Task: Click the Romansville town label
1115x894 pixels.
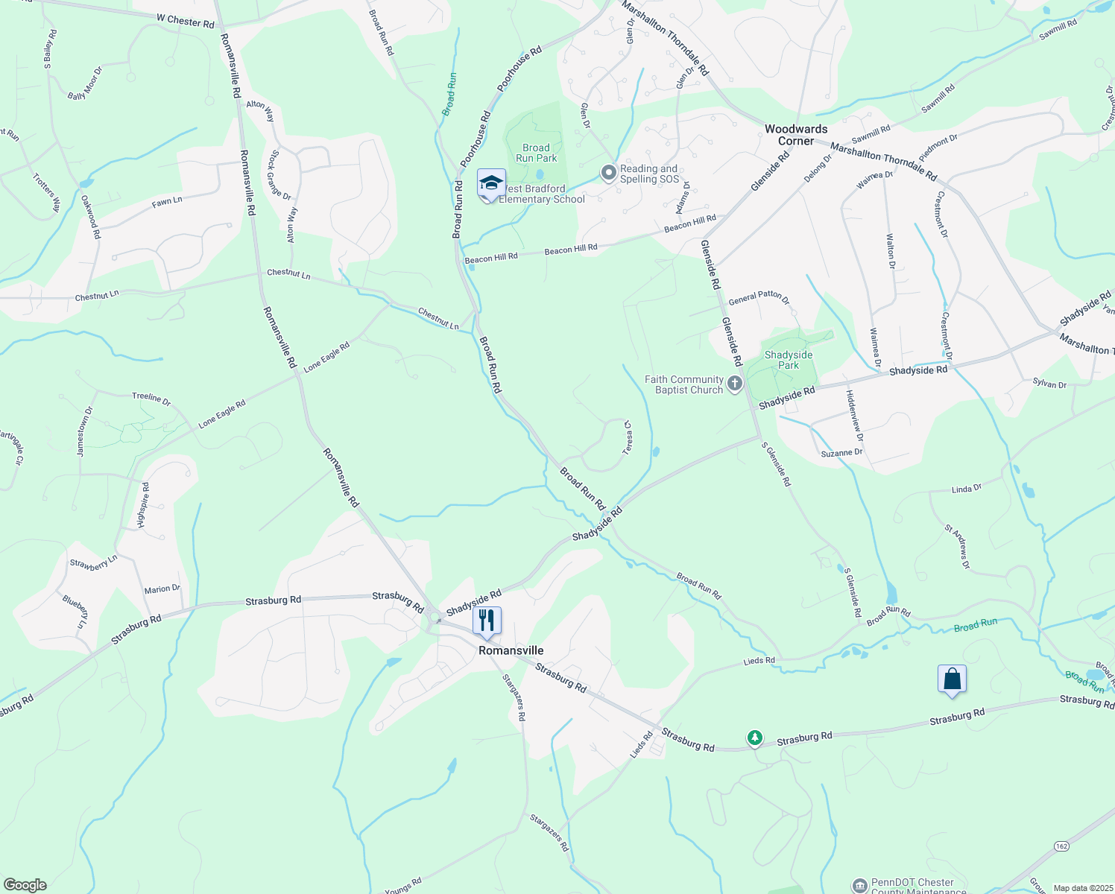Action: [x=511, y=650]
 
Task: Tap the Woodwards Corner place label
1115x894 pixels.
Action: [x=796, y=135]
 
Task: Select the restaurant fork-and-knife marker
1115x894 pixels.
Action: [x=487, y=621]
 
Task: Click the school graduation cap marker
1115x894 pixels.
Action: [x=491, y=183]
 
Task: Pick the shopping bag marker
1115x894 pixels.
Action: [x=952, y=679]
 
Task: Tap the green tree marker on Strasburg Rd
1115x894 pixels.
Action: [x=755, y=738]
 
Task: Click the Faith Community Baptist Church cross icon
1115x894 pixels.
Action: [x=735, y=384]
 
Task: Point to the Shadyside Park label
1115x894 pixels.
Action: [x=789, y=360]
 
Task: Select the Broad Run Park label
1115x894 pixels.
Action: [x=536, y=153]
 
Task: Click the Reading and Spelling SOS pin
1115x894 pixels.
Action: [x=609, y=174]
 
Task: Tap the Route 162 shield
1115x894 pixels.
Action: [x=1062, y=846]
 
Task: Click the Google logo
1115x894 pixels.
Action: [x=25, y=884]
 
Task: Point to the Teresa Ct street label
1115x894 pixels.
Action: [x=628, y=439]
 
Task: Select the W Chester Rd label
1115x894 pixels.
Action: [x=185, y=22]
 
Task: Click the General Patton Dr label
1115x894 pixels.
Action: [x=758, y=298]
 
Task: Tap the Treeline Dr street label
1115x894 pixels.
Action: [x=151, y=398]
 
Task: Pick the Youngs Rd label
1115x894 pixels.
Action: [x=403, y=885]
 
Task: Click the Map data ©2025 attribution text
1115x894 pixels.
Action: [x=1082, y=888]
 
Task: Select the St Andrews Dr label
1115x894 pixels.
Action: [x=957, y=547]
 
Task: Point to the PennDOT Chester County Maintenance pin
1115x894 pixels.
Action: [x=859, y=885]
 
